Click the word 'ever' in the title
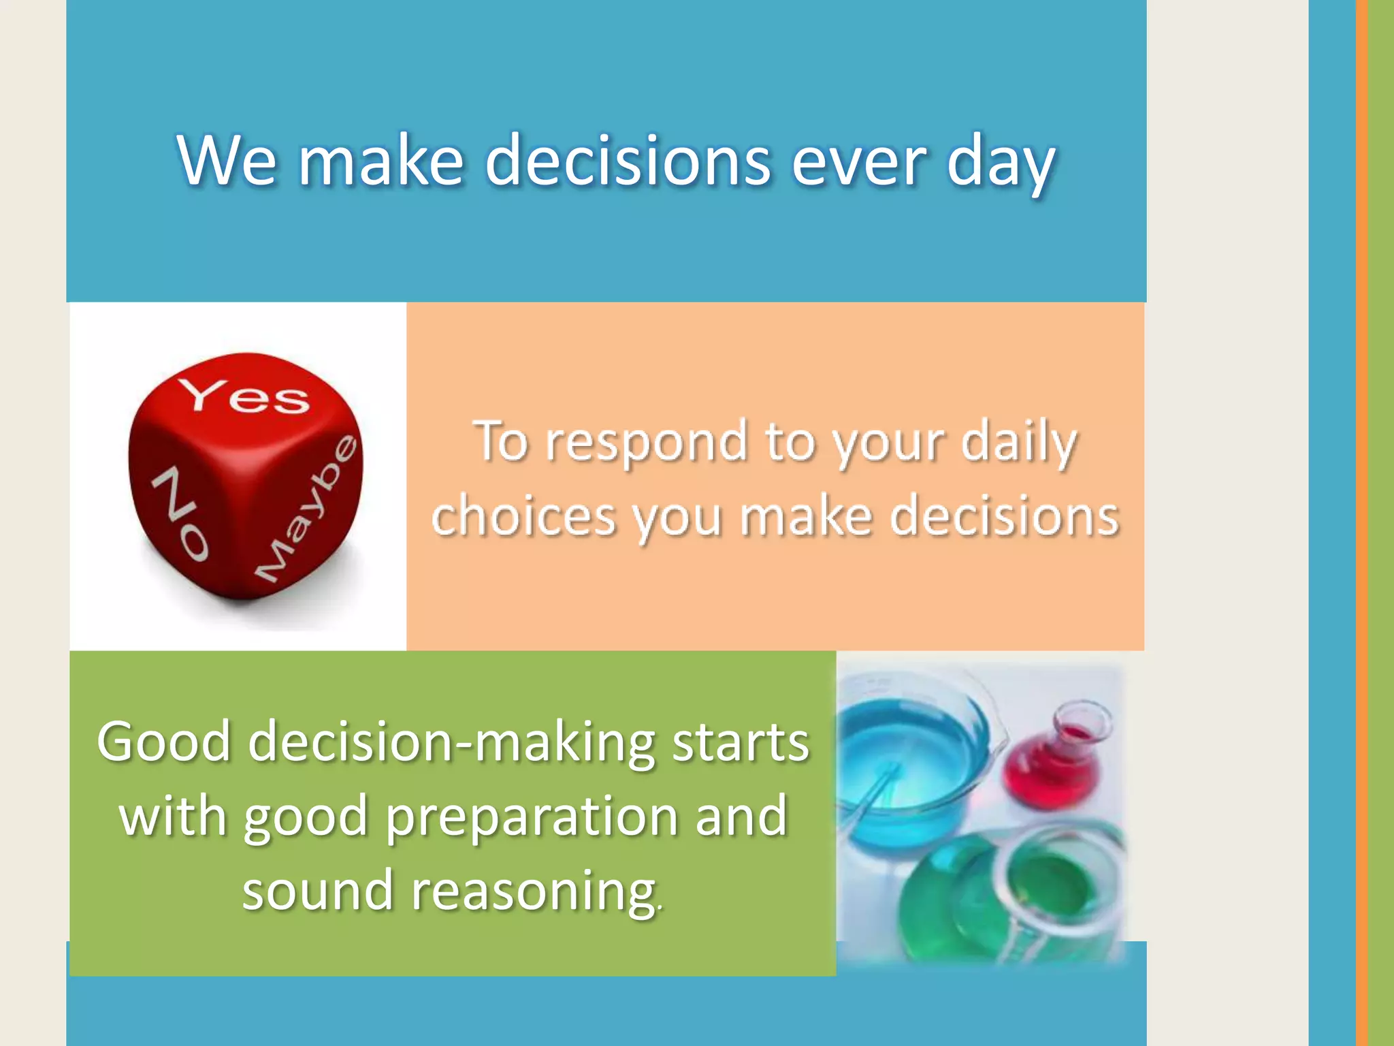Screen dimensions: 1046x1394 [x=858, y=162]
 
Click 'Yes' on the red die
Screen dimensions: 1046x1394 [x=244, y=396]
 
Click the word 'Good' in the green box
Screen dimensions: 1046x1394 [x=163, y=742]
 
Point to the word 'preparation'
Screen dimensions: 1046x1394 [x=532, y=817]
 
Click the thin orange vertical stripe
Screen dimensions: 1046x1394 [x=1361, y=523]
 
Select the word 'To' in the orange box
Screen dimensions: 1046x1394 [x=501, y=443]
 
